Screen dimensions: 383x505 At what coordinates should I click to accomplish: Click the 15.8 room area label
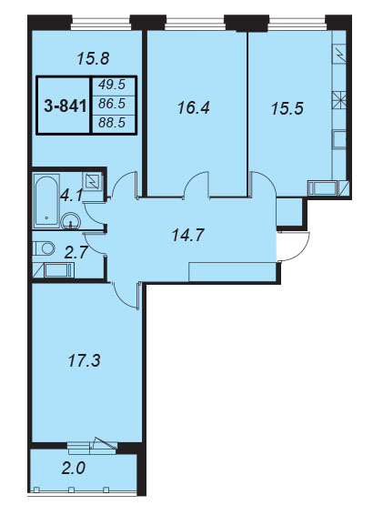tap(94, 59)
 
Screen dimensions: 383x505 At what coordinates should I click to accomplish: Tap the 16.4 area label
tap(194, 108)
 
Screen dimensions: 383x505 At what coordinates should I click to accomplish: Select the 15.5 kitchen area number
tap(287, 108)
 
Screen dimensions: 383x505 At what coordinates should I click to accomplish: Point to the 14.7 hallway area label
tap(188, 236)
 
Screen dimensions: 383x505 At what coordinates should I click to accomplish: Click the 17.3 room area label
tap(85, 360)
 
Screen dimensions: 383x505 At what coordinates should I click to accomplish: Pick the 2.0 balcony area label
tap(74, 468)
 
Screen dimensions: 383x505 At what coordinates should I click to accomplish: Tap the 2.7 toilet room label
tap(76, 253)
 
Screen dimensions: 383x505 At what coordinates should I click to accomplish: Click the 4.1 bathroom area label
tap(71, 196)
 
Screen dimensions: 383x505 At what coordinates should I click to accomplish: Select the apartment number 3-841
tap(66, 106)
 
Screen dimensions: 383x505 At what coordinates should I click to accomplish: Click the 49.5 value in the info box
tap(112, 85)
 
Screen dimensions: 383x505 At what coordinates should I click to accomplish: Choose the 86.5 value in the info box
tap(112, 104)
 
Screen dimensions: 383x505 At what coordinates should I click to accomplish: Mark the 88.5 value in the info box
tap(112, 123)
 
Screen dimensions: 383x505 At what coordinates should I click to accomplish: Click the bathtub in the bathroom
tap(47, 201)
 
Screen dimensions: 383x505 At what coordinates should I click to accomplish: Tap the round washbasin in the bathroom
tap(71, 220)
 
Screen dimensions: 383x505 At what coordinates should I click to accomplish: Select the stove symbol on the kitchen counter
tap(339, 100)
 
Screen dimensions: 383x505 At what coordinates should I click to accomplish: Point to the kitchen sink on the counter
tap(339, 139)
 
